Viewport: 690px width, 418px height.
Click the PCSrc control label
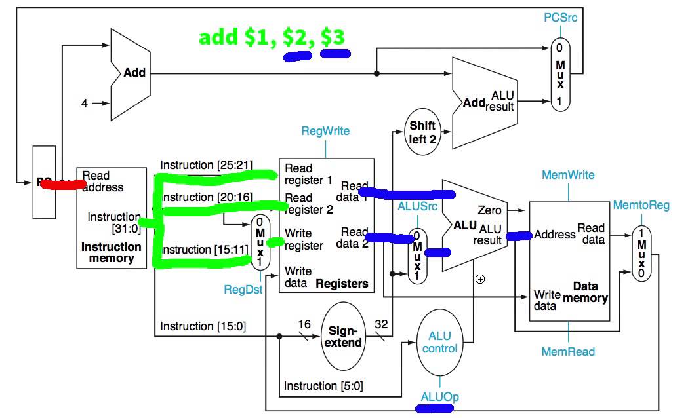[x=561, y=18]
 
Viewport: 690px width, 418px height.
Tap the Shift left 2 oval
[x=422, y=132]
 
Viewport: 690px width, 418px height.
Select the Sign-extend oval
[x=344, y=335]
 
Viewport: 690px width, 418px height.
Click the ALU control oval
[x=439, y=342]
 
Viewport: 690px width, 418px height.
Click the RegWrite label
[x=325, y=131]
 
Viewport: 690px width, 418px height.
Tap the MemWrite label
[x=568, y=175]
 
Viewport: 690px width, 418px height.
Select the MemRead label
[x=568, y=352]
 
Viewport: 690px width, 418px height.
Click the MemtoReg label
[x=641, y=206]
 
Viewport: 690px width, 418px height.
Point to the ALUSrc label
[x=416, y=206]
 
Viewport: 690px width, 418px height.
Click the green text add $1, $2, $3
[x=272, y=37]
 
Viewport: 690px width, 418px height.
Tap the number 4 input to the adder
[x=84, y=104]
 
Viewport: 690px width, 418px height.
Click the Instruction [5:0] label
[x=323, y=386]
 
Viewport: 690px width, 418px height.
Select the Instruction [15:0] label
[x=203, y=326]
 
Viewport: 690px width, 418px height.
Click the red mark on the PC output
[x=62, y=184]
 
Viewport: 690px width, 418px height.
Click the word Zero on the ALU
[x=490, y=210]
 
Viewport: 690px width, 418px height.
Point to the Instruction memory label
[x=111, y=252]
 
